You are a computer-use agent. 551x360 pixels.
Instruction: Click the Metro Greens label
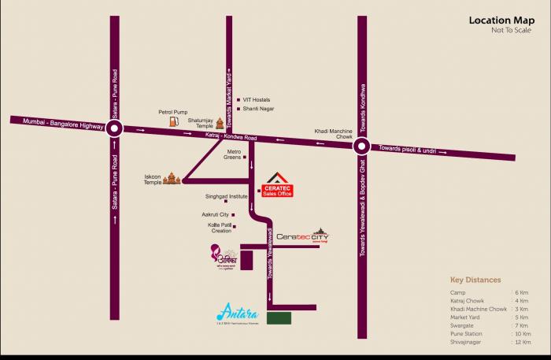(233, 154)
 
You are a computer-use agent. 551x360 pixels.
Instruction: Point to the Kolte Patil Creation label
(220, 228)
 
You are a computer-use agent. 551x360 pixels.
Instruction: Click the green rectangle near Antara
(279, 318)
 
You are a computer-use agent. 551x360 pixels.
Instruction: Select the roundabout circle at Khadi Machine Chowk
(361, 145)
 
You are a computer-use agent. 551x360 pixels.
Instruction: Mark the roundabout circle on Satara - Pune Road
(116, 129)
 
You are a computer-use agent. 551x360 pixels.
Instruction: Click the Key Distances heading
(475, 280)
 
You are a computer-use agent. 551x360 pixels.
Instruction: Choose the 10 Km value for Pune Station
(521, 333)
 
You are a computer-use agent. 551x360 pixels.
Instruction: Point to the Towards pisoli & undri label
(406, 148)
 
